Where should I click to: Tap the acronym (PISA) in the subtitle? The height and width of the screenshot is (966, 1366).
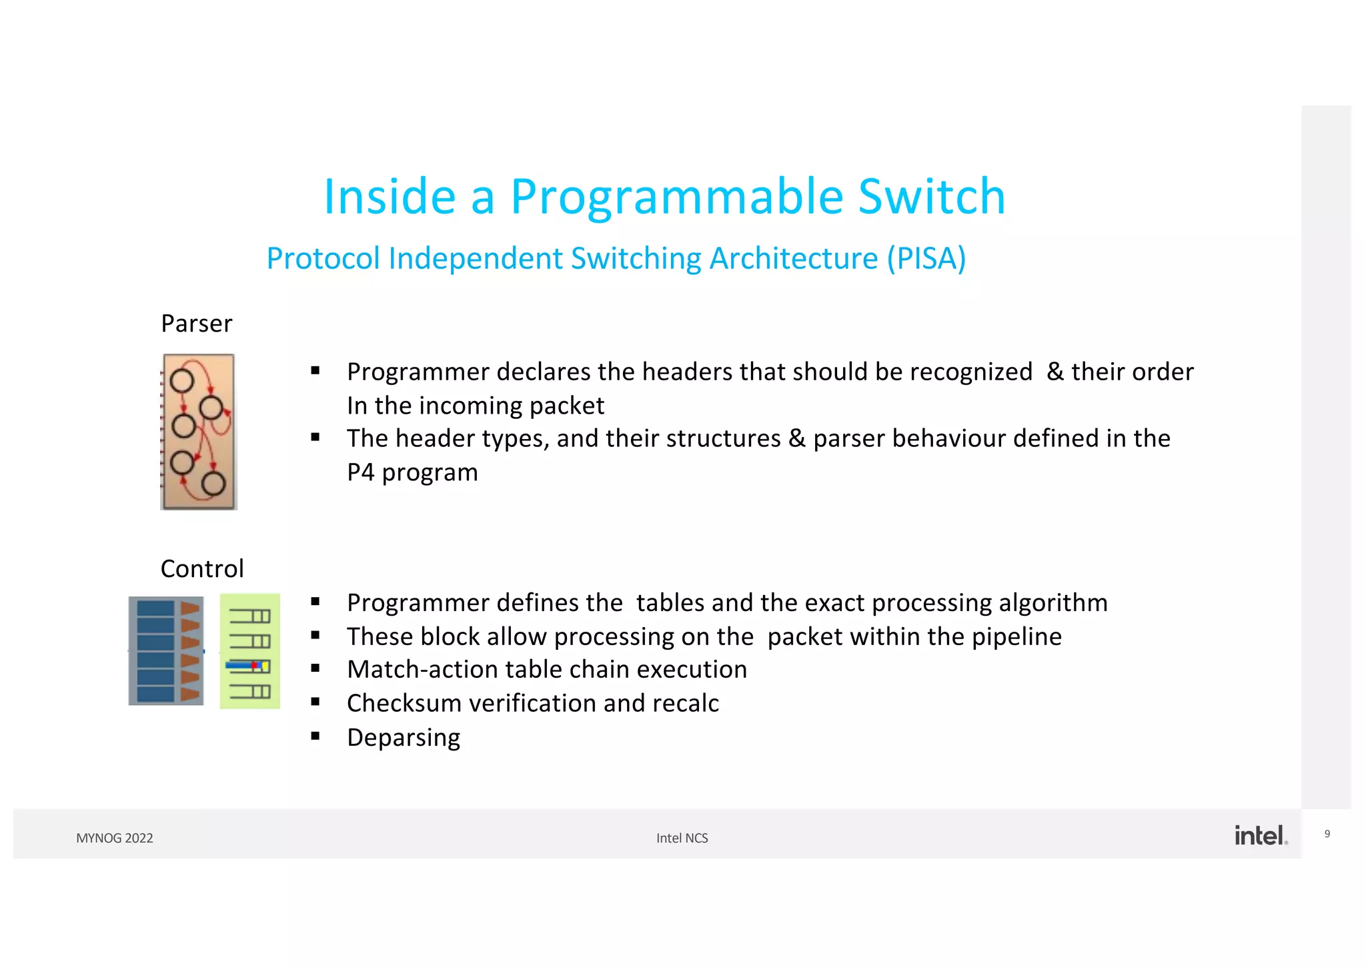[926, 259]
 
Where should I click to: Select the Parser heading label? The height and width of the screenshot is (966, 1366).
[196, 324]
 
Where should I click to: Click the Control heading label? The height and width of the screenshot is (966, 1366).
[202, 569]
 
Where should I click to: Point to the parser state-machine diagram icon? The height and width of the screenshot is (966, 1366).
[199, 432]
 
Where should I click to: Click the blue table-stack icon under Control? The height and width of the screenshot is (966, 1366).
[166, 650]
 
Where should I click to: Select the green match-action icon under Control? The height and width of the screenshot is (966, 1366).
[250, 651]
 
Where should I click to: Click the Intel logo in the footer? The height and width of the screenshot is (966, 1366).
[1260, 835]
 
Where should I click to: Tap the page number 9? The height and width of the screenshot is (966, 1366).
[1327, 834]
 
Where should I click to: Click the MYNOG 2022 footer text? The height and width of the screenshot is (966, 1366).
[115, 839]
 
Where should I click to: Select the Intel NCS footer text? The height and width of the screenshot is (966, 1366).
[682, 839]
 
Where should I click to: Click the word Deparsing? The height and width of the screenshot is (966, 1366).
[404, 738]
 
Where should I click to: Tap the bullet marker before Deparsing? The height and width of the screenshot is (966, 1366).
[315, 736]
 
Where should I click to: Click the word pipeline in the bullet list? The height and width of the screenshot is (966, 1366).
[1016, 637]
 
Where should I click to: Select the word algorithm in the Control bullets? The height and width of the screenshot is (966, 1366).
[1053, 603]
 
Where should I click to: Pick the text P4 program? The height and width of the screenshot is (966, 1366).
[412, 472]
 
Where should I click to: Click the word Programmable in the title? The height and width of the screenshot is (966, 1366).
[677, 197]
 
